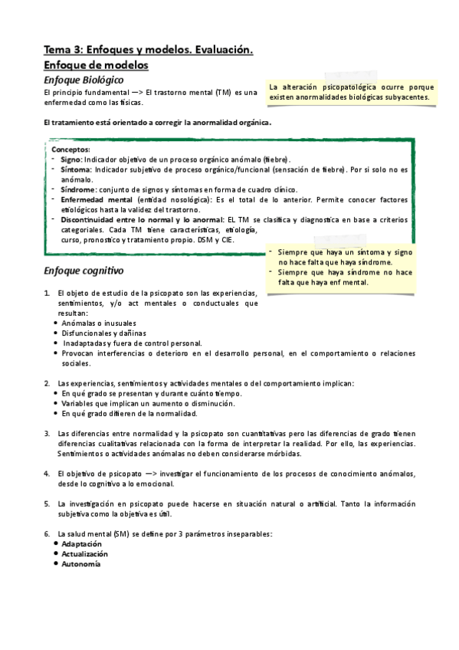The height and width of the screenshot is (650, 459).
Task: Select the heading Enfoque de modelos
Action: click(x=96, y=66)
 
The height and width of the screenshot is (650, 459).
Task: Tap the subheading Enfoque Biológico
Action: click(x=84, y=80)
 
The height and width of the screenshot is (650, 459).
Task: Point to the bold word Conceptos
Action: click(x=70, y=149)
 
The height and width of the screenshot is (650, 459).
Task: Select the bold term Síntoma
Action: click(x=75, y=169)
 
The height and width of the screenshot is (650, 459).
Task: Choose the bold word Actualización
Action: click(x=85, y=553)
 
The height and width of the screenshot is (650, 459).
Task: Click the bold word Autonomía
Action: click(x=80, y=563)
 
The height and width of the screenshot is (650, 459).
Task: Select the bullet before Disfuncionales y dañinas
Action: click(x=56, y=333)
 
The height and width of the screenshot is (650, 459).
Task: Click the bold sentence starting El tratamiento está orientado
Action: click(x=158, y=123)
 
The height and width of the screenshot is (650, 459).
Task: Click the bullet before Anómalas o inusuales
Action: click(x=56, y=323)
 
